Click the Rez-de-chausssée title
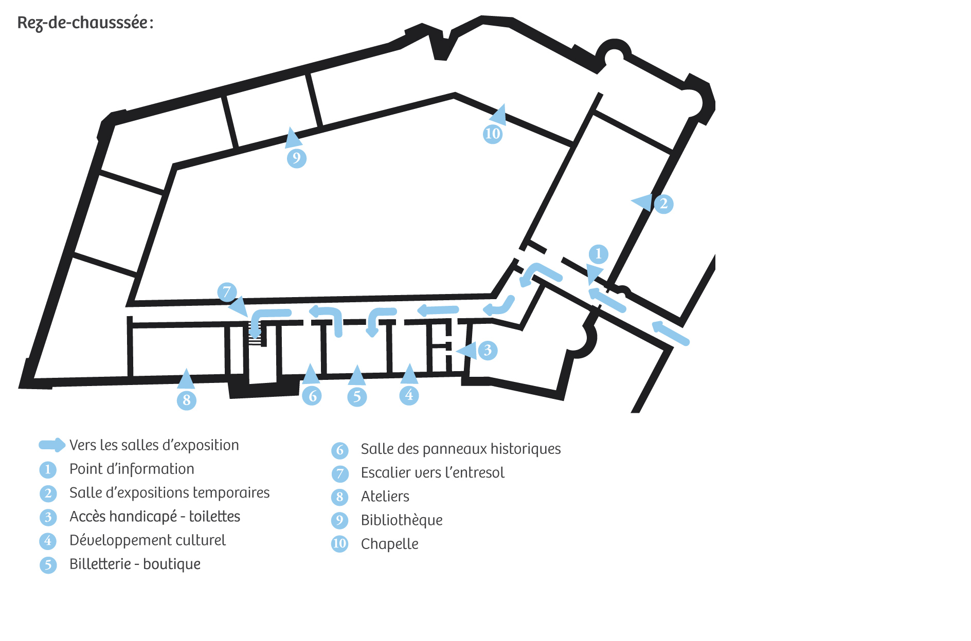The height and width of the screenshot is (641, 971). [x=85, y=23]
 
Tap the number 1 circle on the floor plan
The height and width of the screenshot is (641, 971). [x=598, y=254]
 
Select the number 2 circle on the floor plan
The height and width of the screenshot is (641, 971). [x=663, y=204]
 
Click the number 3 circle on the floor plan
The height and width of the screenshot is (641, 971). [x=488, y=351]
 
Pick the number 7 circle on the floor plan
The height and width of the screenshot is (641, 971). [x=227, y=292]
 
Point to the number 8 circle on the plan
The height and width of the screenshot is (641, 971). [x=187, y=400]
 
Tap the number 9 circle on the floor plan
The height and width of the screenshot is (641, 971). [x=297, y=158]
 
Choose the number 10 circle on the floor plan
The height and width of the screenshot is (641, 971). [x=493, y=134]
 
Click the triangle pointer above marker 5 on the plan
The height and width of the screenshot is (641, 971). [x=357, y=376]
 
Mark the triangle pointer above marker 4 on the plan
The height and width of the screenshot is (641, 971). [x=409, y=375]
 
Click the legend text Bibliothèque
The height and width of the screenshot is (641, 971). [x=402, y=520]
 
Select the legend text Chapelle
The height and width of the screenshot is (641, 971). [x=389, y=544]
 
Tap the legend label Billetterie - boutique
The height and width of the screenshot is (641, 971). [x=135, y=564]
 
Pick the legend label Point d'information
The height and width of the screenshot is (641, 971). [x=132, y=469]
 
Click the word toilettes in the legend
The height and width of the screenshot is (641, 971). [x=214, y=516]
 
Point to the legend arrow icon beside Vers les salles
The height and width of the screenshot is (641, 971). [x=52, y=445]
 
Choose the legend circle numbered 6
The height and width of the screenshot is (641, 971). [x=339, y=450]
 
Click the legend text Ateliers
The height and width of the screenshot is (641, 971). [x=385, y=497]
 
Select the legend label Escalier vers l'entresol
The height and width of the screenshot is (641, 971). [x=433, y=473]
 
